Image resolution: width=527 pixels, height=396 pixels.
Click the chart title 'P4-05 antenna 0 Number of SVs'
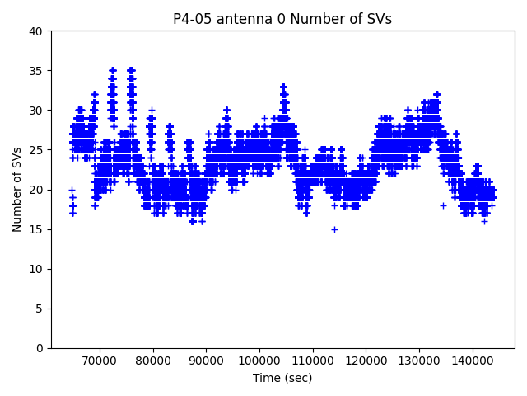pos(282,19)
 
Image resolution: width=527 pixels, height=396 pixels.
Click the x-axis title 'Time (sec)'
pos(282,378)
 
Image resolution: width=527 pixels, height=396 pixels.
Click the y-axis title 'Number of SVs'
pos(17,190)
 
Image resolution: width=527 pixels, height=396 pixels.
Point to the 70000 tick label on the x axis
pos(100,361)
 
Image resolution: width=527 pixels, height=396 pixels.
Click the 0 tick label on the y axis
pos(40,348)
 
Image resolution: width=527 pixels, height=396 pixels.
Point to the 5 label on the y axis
pos(40,309)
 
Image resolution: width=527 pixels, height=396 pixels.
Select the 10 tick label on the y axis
pos(37,269)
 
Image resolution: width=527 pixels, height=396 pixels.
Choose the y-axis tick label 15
pos(37,229)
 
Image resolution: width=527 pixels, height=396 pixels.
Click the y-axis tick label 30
pos(37,111)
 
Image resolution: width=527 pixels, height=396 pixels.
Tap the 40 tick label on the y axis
pos(37,31)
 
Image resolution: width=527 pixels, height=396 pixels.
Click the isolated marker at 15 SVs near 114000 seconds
pos(334,229)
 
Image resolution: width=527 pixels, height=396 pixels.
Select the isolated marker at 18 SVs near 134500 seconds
pos(443,205)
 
